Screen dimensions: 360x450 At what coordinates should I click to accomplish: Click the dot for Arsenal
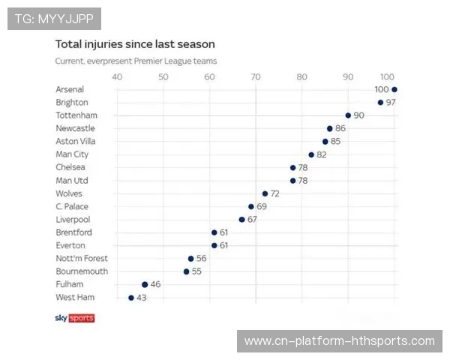click(x=394, y=89)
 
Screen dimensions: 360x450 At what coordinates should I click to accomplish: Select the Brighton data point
click(x=380, y=102)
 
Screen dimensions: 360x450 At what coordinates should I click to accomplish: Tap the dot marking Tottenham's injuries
click(x=348, y=115)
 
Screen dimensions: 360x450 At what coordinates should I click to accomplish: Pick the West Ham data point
click(x=131, y=298)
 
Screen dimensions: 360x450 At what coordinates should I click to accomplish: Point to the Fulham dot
click(x=145, y=284)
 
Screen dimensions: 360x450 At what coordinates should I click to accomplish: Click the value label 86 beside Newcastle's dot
click(x=340, y=128)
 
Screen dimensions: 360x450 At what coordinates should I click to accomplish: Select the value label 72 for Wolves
click(x=275, y=193)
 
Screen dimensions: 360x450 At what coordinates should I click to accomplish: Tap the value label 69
click(x=262, y=206)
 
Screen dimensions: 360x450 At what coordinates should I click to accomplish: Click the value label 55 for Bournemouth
click(x=196, y=271)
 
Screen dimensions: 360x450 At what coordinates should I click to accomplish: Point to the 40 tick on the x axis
click(x=117, y=76)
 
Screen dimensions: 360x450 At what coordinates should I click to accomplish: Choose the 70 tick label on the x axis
click(x=256, y=76)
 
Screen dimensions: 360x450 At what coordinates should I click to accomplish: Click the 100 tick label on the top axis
click(x=387, y=76)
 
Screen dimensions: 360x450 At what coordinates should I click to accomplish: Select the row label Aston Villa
click(x=76, y=141)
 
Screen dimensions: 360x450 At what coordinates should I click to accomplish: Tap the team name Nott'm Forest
click(x=82, y=259)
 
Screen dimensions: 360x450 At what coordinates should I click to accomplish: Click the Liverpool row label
click(x=73, y=220)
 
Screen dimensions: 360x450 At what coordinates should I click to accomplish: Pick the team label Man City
click(x=72, y=154)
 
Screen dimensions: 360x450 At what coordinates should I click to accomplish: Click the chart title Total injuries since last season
click(x=135, y=44)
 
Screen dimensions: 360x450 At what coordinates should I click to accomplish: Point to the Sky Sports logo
click(x=75, y=318)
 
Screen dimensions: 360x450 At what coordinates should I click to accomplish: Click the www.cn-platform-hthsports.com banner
click(x=339, y=341)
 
